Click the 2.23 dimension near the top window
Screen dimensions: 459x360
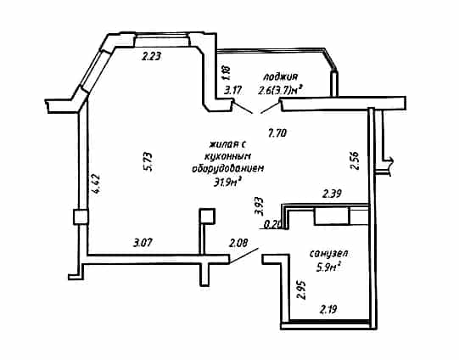click(x=152, y=56)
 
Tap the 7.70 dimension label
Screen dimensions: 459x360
click(x=277, y=133)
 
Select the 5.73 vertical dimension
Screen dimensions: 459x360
click(x=148, y=161)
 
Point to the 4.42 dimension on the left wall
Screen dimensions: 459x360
click(x=95, y=184)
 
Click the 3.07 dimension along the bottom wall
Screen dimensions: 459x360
click(x=143, y=243)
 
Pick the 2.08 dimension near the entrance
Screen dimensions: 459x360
click(x=238, y=243)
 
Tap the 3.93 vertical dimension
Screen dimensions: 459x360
click(x=259, y=207)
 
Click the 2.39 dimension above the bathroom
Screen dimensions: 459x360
click(x=332, y=194)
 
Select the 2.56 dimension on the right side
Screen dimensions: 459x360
click(x=355, y=160)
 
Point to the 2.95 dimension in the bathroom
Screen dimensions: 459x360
click(x=301, y=290)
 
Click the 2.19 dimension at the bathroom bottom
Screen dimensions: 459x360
click(x=328, y=309)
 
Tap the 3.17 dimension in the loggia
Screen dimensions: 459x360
click(x=232, y=90)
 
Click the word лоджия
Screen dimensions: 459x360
click(x=281, y=76)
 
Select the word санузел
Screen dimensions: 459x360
click(x=329, y=253)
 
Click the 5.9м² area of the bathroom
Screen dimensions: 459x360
click(x=329, y=267)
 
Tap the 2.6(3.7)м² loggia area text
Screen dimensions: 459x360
click(x=280, y=91)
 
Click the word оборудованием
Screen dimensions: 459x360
click(x=228, y=169)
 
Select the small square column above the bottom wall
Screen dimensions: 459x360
click(x=207, y=217)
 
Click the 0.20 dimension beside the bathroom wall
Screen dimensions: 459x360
click(x=272, y=225)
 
